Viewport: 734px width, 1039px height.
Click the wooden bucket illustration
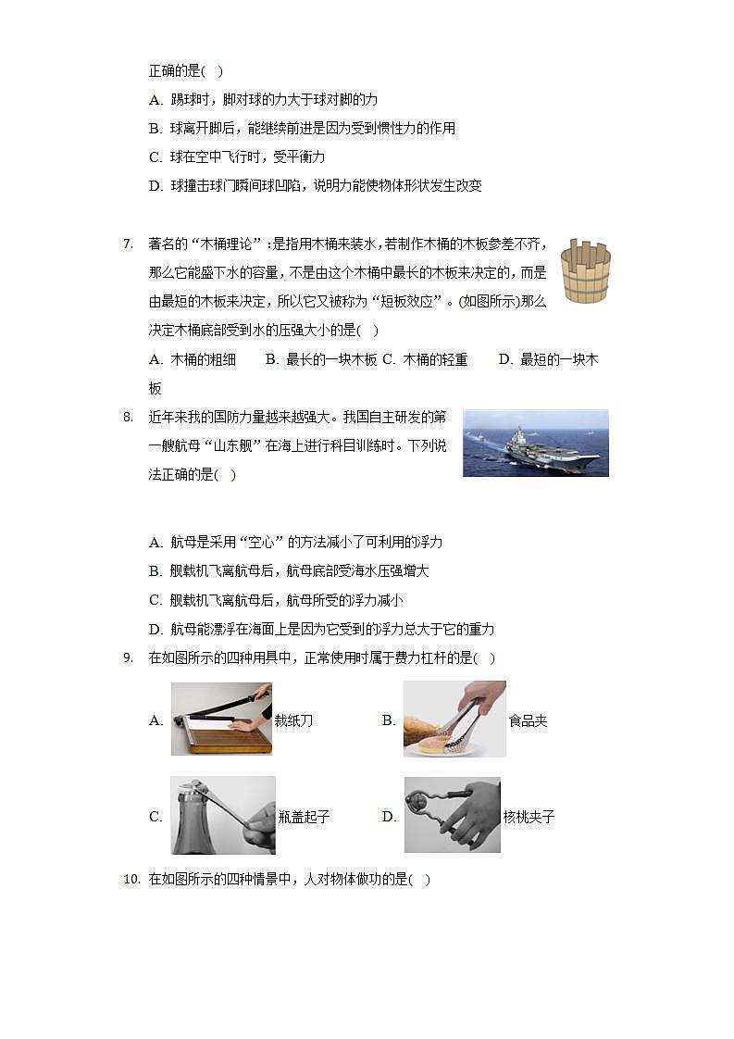point(585,270)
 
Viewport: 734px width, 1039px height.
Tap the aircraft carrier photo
point(535,443)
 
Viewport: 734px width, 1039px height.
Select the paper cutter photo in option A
point(221,719)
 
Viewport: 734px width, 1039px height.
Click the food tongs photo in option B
point(454,719)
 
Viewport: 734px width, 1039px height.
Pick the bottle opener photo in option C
point(223,815)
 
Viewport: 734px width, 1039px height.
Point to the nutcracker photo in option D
point(452,815)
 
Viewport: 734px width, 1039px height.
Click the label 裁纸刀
point(293,720)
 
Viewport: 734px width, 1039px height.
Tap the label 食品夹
point(528,720)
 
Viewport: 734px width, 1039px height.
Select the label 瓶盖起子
point(304,817)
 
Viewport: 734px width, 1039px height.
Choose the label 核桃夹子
point(529,817)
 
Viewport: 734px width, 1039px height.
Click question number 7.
point(128,244)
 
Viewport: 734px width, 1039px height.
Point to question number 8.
point(128,417)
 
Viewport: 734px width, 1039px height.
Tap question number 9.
point(128,657)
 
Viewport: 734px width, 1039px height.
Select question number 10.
point(131,879)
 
